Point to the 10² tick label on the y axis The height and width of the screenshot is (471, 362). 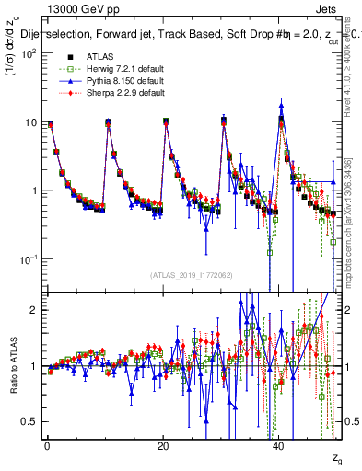28,53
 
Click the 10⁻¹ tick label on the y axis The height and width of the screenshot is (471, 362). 28,259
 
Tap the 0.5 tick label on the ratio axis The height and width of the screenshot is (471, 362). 30,421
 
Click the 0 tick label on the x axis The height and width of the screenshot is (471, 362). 47,446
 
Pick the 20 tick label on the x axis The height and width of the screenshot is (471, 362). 164,446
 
